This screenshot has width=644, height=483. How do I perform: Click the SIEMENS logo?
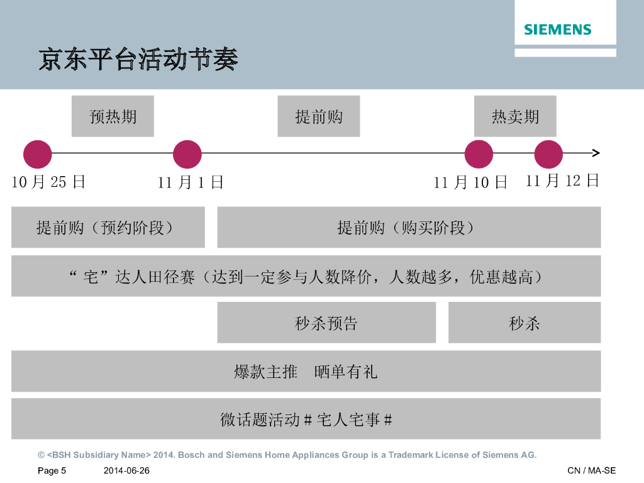[558, 30]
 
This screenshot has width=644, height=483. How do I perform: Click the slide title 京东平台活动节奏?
[138, 60]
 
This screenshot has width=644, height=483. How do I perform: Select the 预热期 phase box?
[113, 116]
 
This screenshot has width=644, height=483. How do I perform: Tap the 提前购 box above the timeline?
[319, 116]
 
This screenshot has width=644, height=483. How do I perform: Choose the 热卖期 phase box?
[515, 116]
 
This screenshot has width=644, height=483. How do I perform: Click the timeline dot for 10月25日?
[38, 154]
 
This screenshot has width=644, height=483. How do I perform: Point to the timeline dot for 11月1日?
[187, 154]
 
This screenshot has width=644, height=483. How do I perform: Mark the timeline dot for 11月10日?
[479, 154]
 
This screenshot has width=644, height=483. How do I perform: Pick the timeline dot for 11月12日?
[548, 154]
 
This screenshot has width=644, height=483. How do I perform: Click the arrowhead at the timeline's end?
[596, 153]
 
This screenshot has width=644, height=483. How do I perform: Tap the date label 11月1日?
[191, 182]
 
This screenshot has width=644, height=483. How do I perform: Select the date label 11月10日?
[470, 182]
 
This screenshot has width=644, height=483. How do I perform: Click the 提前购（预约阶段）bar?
[108, 227]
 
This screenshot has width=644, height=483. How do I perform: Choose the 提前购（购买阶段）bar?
[409, 227]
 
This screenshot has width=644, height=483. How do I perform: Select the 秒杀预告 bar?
[326, 323]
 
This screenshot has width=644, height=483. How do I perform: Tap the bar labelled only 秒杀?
[525, 323]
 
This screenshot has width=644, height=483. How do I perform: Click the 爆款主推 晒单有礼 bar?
[306, 371]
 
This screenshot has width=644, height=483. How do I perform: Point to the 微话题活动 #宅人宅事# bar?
[306, 419]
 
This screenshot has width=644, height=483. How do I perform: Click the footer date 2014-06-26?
[126, 471]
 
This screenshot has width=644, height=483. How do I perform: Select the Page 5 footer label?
[52, 471]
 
